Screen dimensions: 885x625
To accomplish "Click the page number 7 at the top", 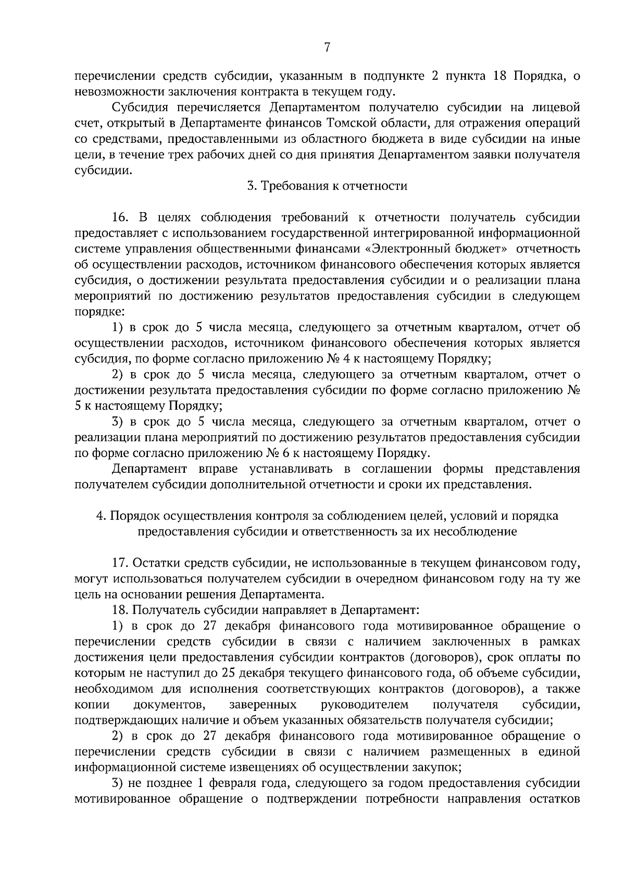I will click(327, 47).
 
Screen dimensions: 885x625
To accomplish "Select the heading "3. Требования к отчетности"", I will click(327, 186).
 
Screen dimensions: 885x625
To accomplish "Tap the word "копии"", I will click(92, 705).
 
